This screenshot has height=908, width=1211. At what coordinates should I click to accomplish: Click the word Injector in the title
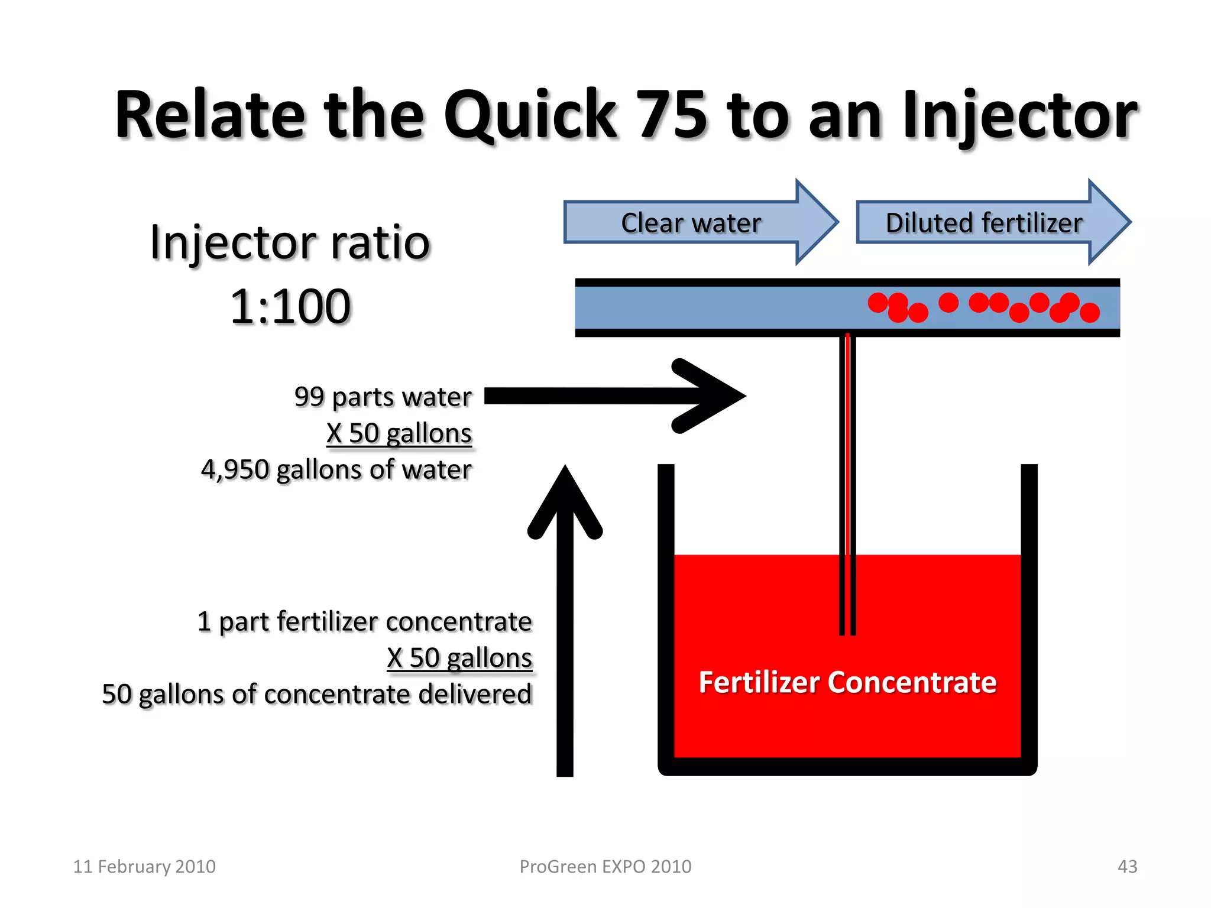(x=1018, y=115)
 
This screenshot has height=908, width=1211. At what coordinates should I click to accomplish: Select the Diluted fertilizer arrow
(x=984, y=223)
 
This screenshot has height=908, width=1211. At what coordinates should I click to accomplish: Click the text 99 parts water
(x=383, y=397)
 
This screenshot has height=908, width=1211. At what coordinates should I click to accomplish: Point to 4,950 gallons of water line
(x=336, y=470)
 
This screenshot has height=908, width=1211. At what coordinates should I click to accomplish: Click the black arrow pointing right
(x=615, y=396)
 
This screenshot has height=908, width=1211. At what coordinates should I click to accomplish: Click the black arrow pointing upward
(x=565, y=621)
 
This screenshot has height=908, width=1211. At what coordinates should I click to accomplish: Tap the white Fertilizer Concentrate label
(x=847, y=682)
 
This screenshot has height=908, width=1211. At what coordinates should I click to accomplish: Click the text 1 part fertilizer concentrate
(x=364, y=622)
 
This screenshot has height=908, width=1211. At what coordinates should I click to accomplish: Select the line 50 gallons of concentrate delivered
(x=317, y=694)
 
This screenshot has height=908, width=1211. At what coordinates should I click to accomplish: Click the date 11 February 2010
(x=144, y=867)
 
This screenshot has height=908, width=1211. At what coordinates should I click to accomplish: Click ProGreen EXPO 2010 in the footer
(x=605, y=867)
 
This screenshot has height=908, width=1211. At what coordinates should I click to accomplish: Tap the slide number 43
(x=1127, y=867)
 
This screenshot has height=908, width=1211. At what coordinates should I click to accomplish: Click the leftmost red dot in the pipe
(x=878, y=303)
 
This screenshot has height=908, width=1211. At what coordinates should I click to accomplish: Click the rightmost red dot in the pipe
(x=1089, y=312)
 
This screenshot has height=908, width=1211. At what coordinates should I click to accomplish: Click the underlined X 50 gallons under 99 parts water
(x=399, y=433)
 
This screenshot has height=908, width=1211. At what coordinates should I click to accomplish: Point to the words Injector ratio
(x=290, y=242)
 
